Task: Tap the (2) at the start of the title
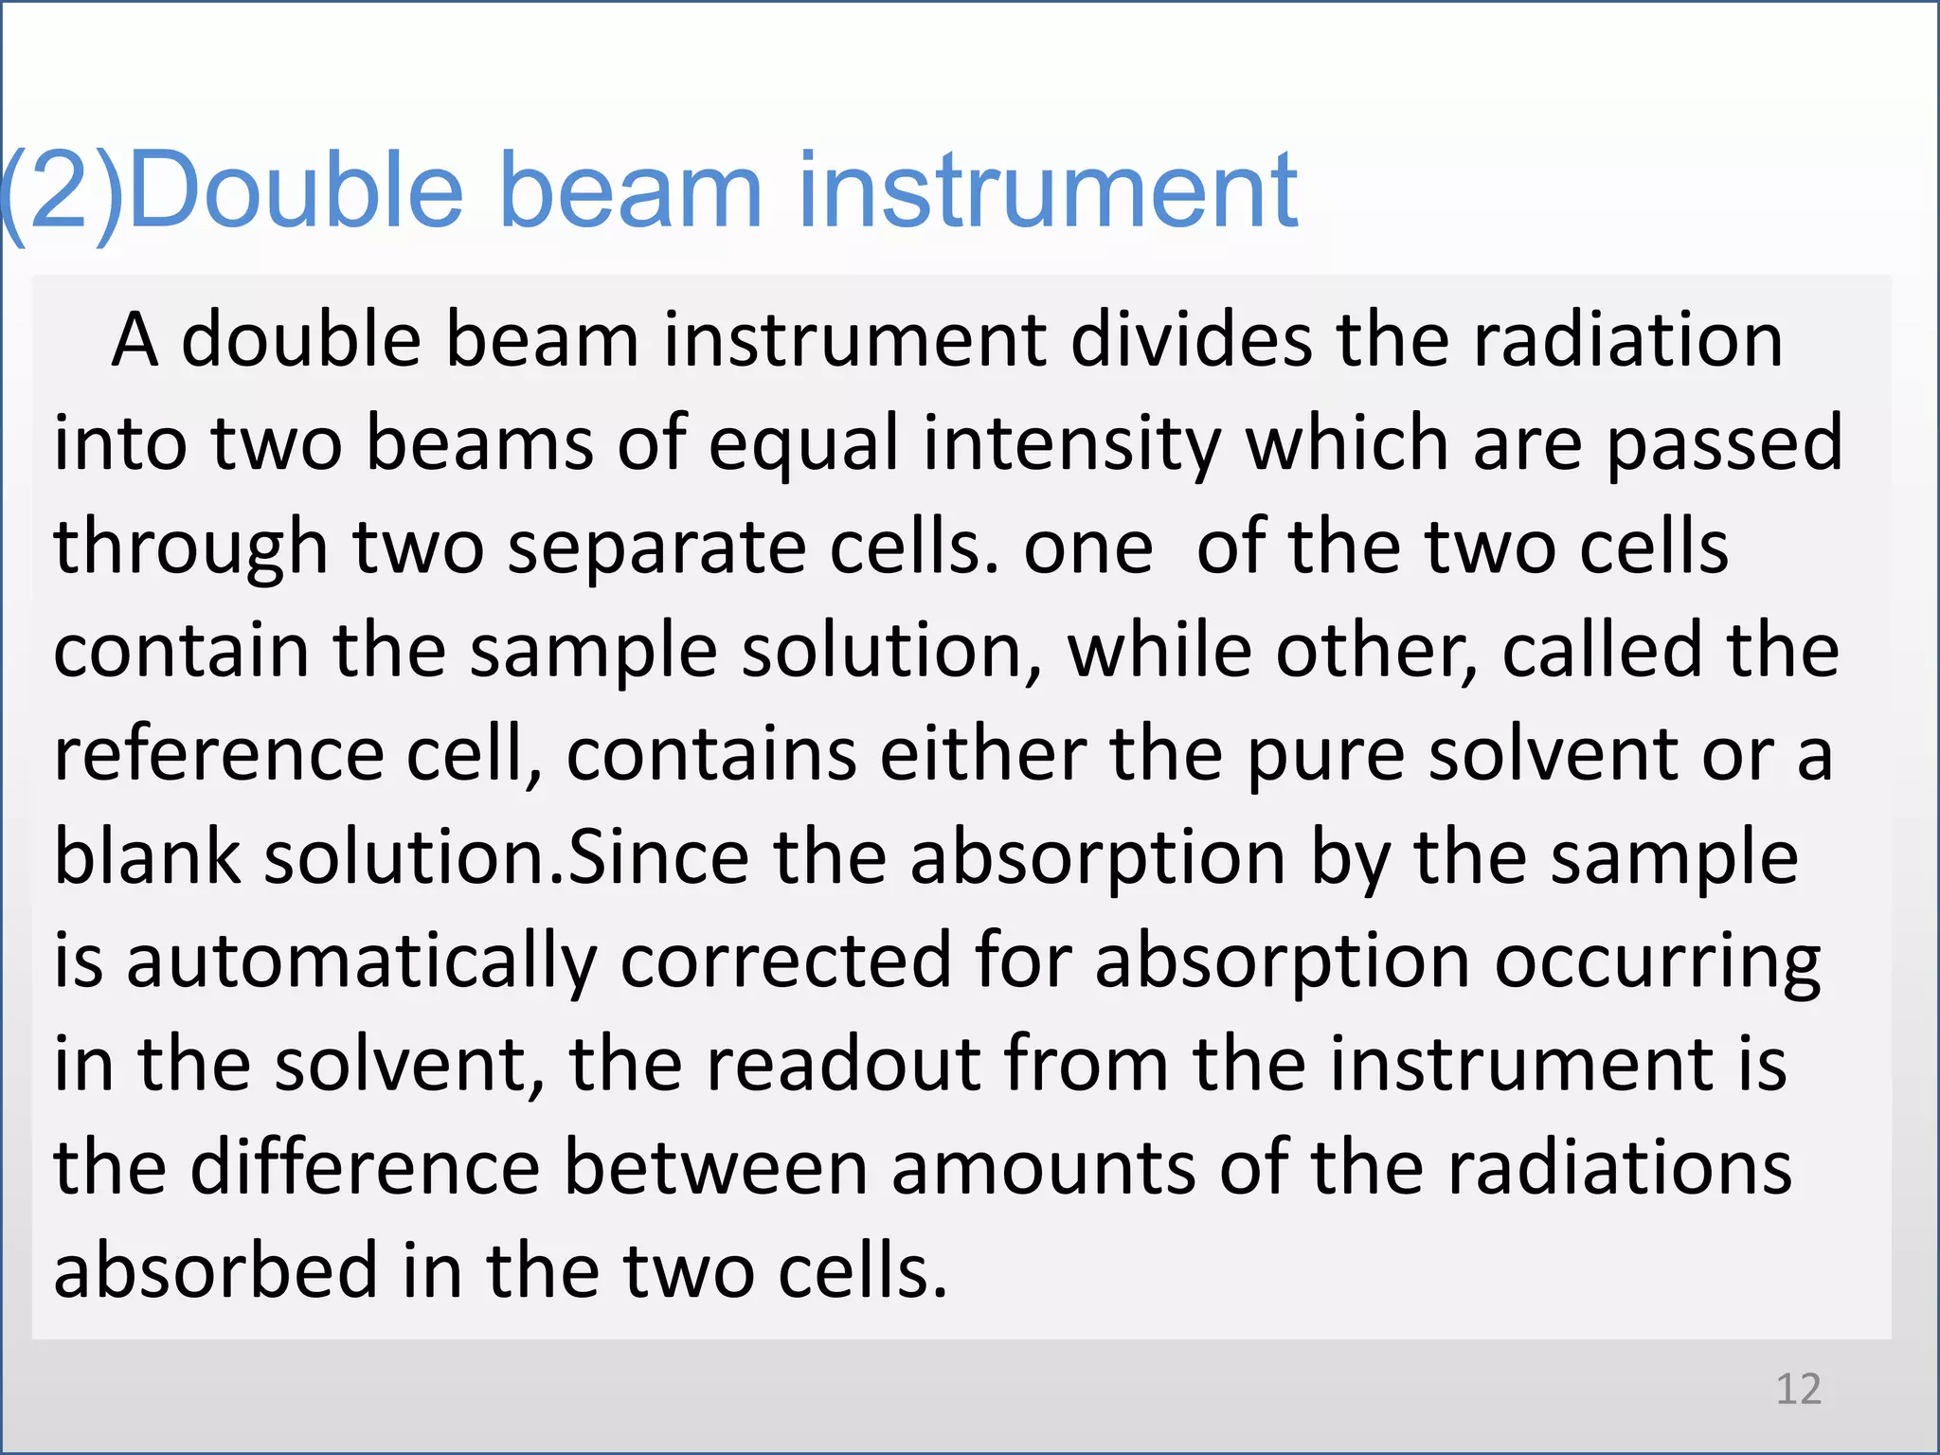(63, 193)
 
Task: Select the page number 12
(1798, 1389)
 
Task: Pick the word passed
(1725, 444)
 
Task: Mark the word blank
(147, 857)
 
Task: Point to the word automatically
(361, 962)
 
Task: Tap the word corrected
(785, 961)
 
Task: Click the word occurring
(1657, 962)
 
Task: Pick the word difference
(365, 1167)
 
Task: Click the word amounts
(1043, 1169)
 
